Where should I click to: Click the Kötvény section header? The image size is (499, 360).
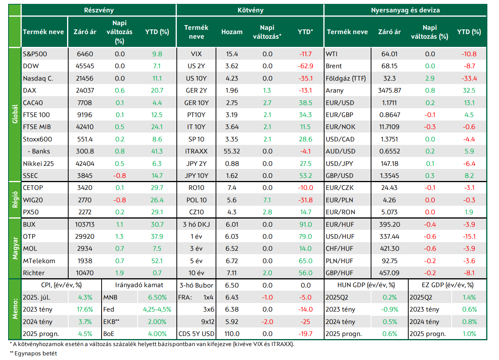click(x=250, y=10)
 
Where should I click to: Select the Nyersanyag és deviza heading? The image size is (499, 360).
click(x=405, y=10)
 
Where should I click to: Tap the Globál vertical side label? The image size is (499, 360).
click(x=15, y=114)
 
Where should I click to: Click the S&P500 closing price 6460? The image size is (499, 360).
click(x=85, y=54)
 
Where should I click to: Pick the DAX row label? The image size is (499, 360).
click(x=29, y=90)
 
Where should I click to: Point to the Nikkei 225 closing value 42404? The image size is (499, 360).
click(x=85, y=164)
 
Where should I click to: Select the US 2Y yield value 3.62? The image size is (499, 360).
click(x=232, y=66)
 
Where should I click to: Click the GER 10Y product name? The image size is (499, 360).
click(x=196, y=103)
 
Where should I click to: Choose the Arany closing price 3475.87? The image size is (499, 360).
click(x=389, y=90)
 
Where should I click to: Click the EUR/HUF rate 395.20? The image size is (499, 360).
click(x=389, y=224)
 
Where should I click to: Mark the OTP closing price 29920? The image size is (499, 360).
click(x=85, y=236)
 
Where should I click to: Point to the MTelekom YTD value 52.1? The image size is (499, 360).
click(x=157, y=261)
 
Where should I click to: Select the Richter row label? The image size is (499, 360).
click(x=34, y=273)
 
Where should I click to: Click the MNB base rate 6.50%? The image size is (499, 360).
click(x=157, y=298)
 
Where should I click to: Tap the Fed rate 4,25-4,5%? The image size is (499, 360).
click(x=157, y=310)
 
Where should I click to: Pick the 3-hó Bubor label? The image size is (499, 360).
click(x=196, y=286)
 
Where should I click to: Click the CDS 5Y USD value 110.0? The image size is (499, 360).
click(x=232, y=334)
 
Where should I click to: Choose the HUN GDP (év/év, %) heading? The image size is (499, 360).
click(x=366, y=285)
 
